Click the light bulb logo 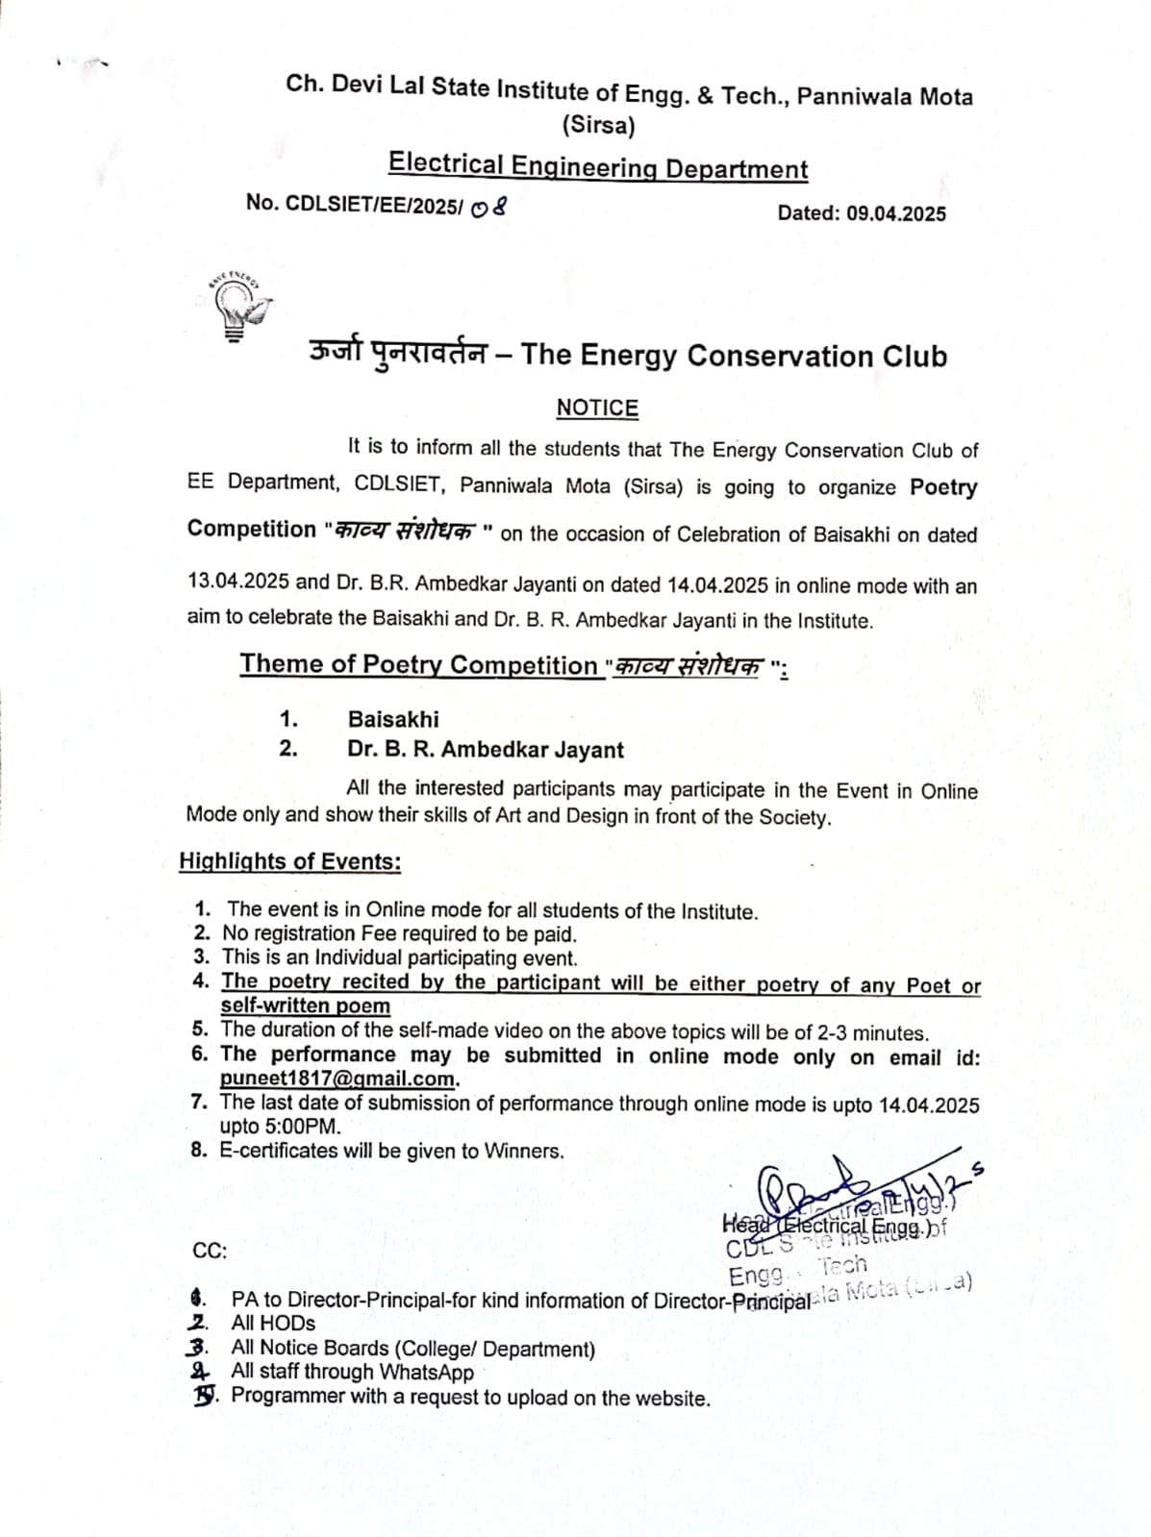pos(237,306)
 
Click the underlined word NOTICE pos(597,408)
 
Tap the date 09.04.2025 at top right pos(896,213)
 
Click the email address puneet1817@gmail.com pos(338,1078)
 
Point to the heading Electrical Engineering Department pos(598,167)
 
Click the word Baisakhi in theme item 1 pos(393,719)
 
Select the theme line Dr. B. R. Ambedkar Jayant pos(486,750)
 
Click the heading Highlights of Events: pos(290,861)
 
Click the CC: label pos(210,1251)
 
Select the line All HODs pos(273,1324)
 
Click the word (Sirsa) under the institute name pos(598,125)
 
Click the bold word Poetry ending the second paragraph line pos(943,487)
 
